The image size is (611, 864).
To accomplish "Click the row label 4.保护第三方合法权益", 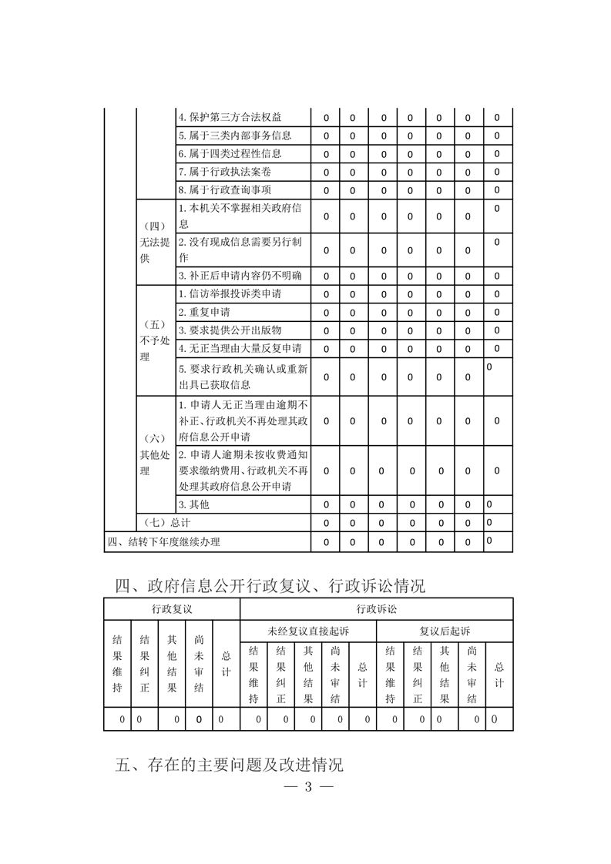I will [x=230, y=118].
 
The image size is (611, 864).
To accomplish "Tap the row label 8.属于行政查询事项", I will [x=224, y=190].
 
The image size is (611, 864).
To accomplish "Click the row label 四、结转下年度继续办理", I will [x=163, y=541].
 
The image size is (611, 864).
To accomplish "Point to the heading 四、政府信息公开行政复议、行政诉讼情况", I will [x=270, y=586].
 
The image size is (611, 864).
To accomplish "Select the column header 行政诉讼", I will [x=376, y=609].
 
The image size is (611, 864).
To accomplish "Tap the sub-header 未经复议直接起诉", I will [x=307, y=631].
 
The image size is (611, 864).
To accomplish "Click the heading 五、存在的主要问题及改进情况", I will [x=229, y=765].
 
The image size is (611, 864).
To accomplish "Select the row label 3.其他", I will [x=193, y=504].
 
